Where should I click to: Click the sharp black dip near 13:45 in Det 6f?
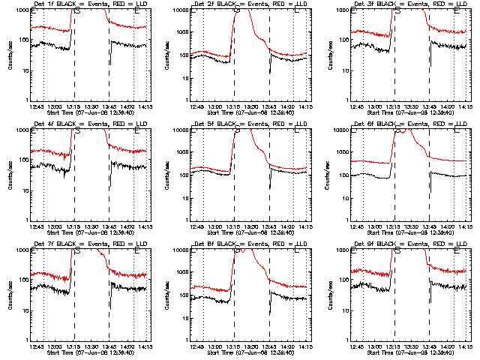click(x=430, y=187)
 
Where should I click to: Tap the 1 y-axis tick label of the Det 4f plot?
click(x=28, y=220)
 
